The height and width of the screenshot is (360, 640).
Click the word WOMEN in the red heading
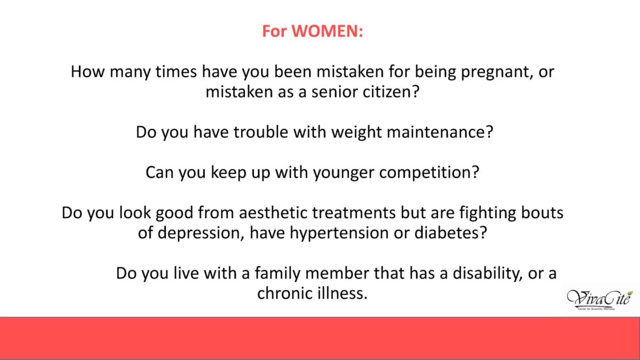[x=325, y=31]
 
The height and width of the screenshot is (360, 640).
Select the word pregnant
[x=497, y=73]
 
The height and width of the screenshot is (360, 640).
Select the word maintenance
[x=437, y=132]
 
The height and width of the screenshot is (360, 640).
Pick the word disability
[x=487, y=274]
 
